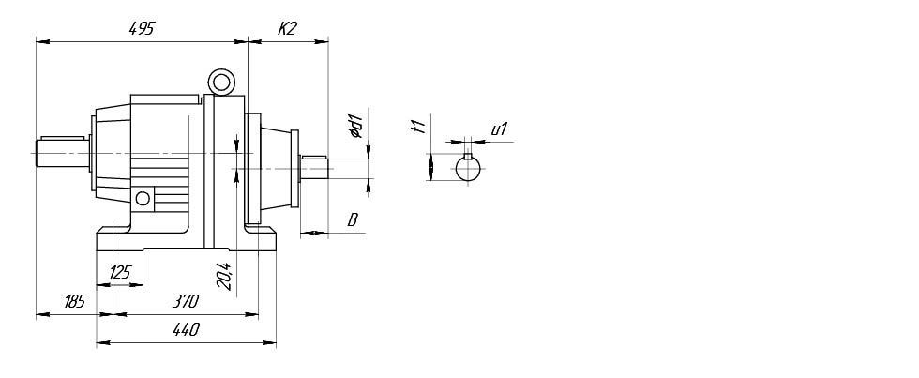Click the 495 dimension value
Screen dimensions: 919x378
pyautogui.click(x=141, y=28)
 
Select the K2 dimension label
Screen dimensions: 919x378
pyautogui.click(x=286, y=28)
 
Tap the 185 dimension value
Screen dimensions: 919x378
pyautogui.click(x=74, y=302)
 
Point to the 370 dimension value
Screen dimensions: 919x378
pyautogui.click(x=186, y=302)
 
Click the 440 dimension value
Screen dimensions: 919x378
pyautogui.click(x=186, y=330)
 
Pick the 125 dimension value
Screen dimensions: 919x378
pyautogui.click(x=120, y=273)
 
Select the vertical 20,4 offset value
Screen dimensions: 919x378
pyautogui.click(x=224, y=276)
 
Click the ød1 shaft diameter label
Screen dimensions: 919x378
pyautogui.click(x=355, y=127)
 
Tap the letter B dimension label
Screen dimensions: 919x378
pyautogui.click(x=353, y=219)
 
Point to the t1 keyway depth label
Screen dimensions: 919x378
pyautogui.click(x=418, y=126)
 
